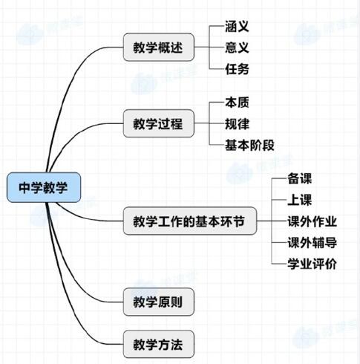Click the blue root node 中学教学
click(x=44, y=187)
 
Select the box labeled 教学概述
click(x=159, y=47)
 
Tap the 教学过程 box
click(x=159, y=123)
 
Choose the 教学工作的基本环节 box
click(x=190, y=221)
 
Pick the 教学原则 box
click(x=159, y=302)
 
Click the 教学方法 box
click(x=159, y=344)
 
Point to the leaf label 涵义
click(x=237, y=26)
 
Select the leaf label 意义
click(x=237, y=48)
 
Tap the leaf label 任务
click(x=237, y=69)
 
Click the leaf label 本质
click(x=237, y=103)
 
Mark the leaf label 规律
click(x=237, y=123)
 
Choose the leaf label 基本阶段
click(x=249, y=145)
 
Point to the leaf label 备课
click(x=299, y=178)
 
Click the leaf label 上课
click(x=299, y=200)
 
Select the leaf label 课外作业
click(x=312, y=221)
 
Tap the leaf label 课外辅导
click(x=312, y=242)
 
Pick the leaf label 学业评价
click(x=312, y=264)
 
